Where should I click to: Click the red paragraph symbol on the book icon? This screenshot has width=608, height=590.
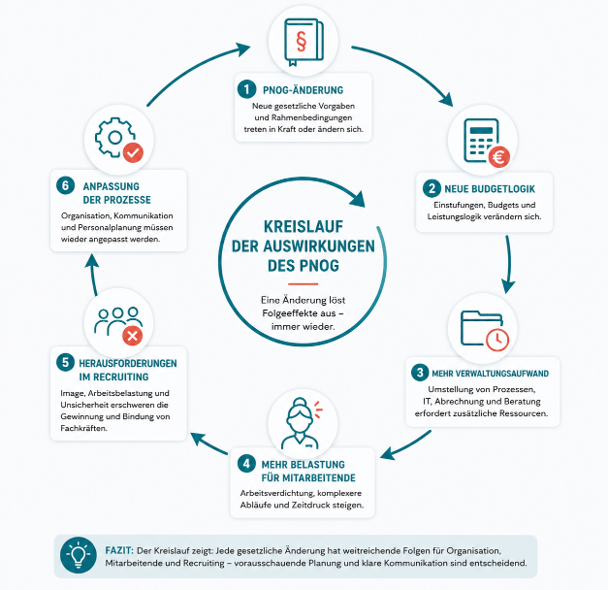coord(301,41)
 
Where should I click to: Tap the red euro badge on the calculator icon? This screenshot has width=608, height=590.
coord(499,157)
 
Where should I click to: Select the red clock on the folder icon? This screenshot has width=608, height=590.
coord(497,340)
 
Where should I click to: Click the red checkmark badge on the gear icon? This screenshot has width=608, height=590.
coord(134,152)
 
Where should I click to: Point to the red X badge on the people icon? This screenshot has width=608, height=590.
coord(133,336)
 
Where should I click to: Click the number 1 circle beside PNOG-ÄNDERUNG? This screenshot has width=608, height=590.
coord(246,89)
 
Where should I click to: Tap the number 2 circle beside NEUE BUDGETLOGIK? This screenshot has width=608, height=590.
coord(432,188)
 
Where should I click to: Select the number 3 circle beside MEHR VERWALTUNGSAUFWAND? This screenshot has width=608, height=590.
coord(420,373)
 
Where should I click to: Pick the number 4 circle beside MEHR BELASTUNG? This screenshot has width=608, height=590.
coord(246,464)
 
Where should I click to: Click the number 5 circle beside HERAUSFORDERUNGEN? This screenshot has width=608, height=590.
coord(65,362)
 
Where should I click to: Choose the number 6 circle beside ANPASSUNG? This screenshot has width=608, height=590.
coord(65,185)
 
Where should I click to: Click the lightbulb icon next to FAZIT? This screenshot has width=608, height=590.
coord(79,555)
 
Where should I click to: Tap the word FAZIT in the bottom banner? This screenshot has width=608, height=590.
coord(119,550)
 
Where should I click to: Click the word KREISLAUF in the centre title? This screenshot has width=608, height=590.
coord(304,227)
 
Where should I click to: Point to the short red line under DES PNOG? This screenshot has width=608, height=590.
coord(304,283)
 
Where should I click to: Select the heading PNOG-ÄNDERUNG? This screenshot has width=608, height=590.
coord(304,90)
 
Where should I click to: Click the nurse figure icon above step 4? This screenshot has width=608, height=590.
coord(301,423)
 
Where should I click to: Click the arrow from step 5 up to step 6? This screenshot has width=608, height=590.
coord(93,275)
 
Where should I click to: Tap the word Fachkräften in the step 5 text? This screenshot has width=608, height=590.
coord(83,428)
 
